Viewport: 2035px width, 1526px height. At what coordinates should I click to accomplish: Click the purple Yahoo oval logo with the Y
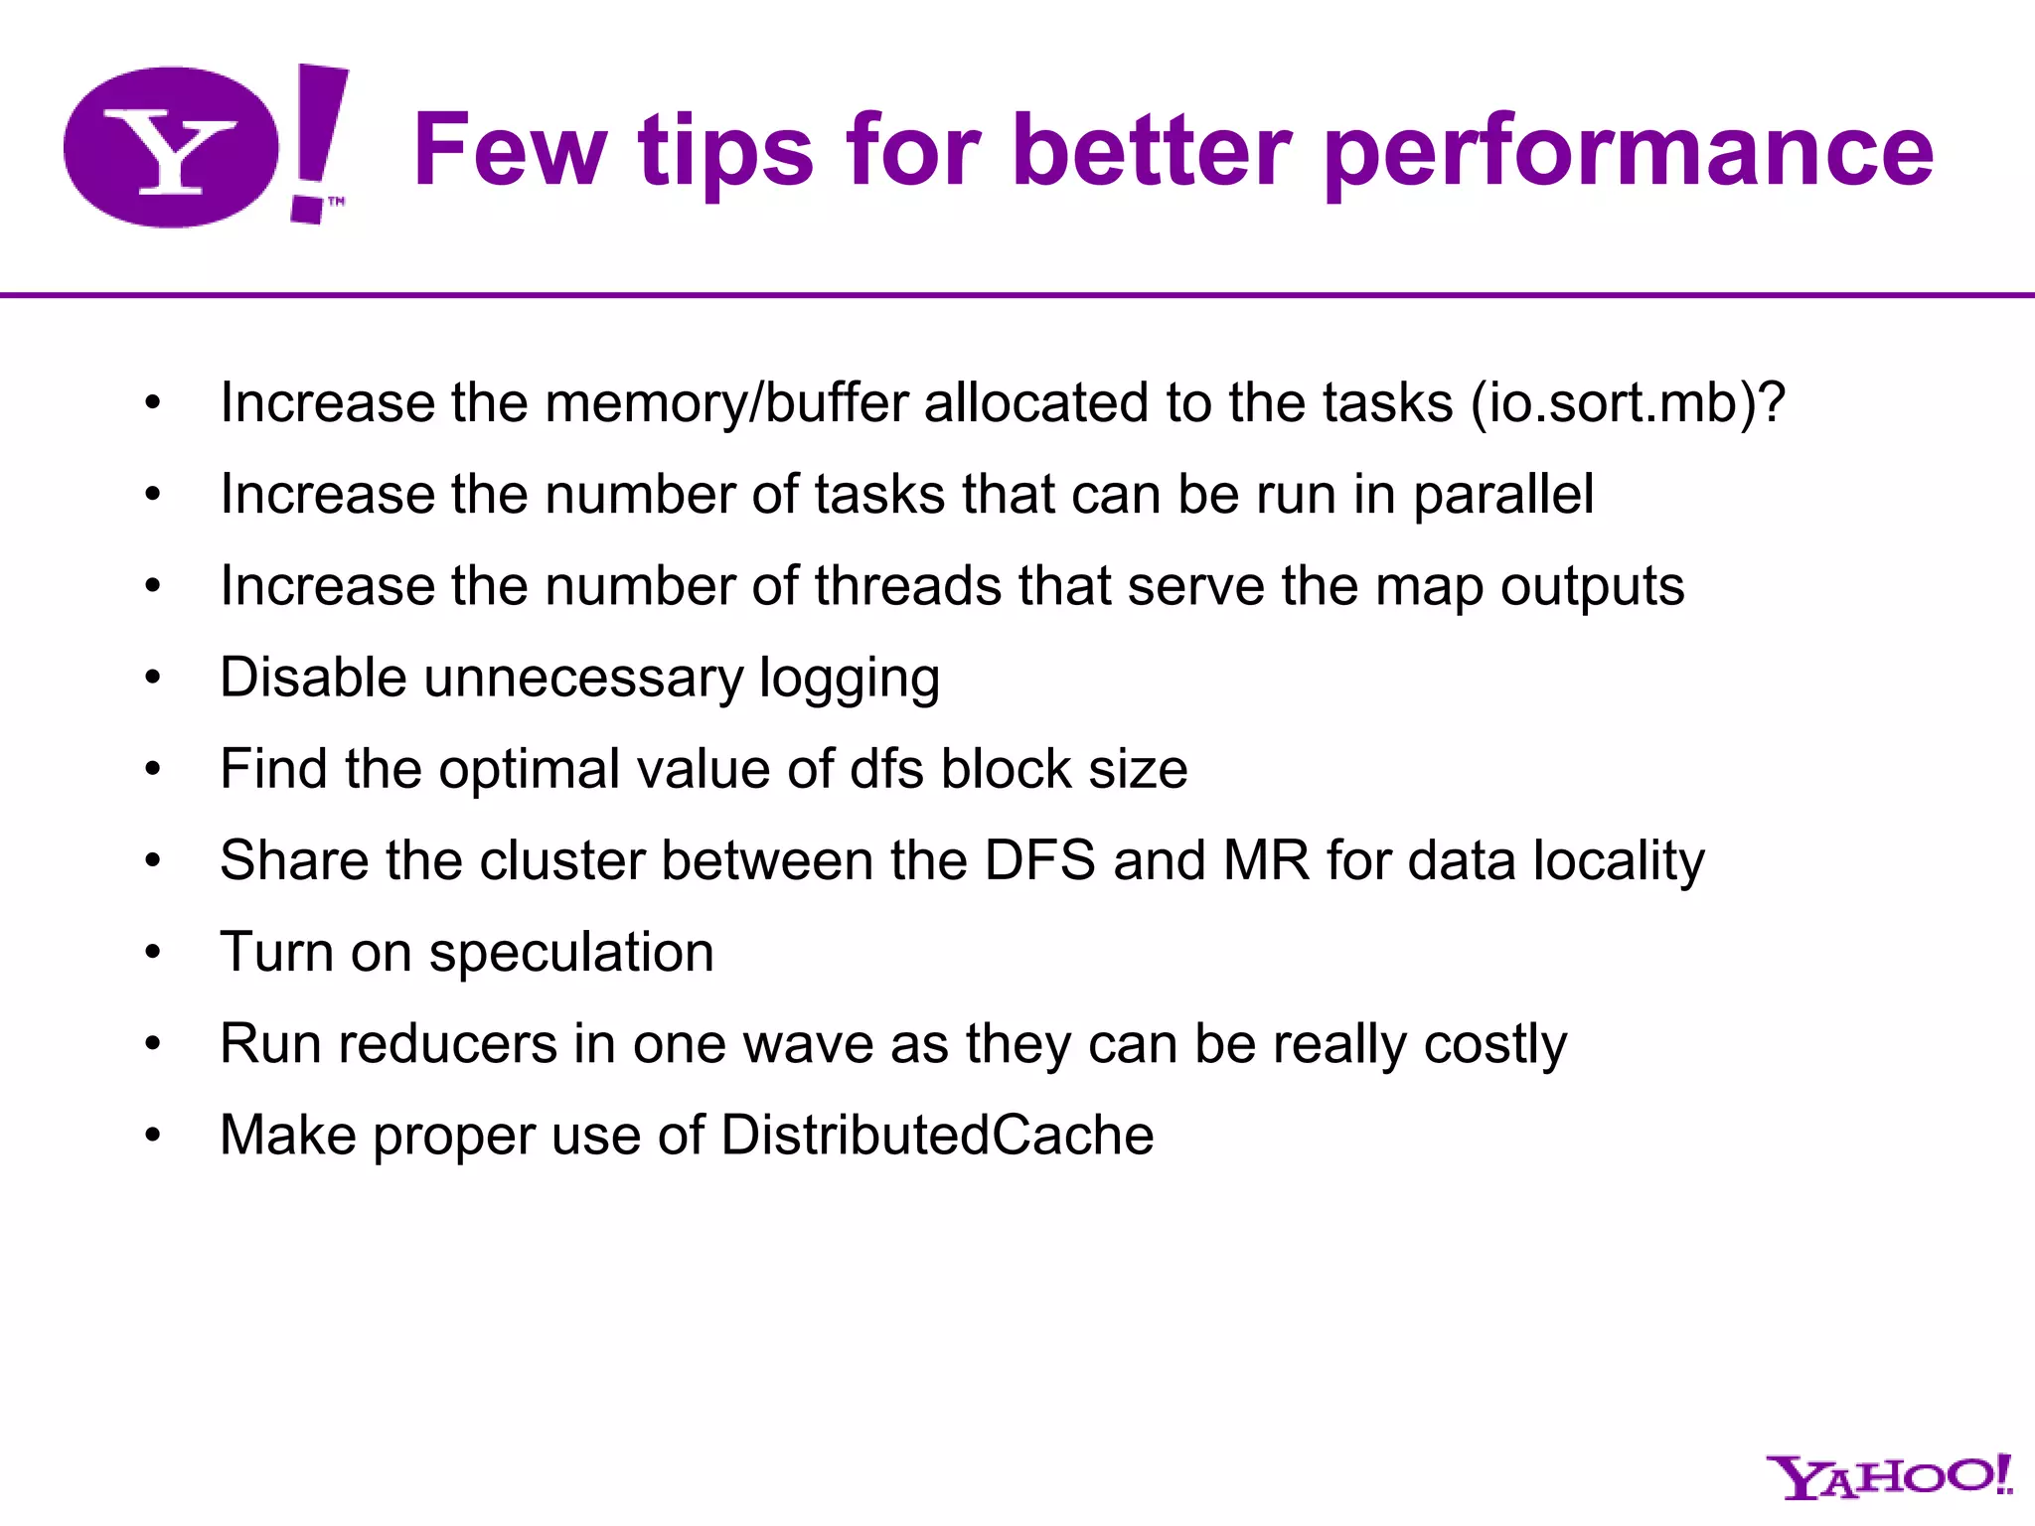tap(171, 147)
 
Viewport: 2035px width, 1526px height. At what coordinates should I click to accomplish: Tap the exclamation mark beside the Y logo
tap(318, 139)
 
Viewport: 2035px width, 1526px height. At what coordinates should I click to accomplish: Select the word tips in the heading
tap(725, 151)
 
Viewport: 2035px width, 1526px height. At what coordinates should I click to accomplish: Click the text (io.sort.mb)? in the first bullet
tap(1628, 403)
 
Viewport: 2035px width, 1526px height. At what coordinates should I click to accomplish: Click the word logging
tap(849, 679)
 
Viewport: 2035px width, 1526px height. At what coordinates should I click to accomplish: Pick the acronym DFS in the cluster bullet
tap(1039, 860)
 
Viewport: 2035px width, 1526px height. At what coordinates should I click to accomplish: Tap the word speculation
tap(571, 953)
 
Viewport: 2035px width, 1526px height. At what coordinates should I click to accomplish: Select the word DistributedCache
tap(937, 1136)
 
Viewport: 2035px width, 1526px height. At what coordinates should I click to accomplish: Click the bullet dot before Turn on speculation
tap(152, 953)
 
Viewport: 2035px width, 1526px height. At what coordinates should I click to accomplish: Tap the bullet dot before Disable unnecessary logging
tap(152, 679)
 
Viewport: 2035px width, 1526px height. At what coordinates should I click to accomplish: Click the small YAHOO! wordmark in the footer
tap(1888, 1477)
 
